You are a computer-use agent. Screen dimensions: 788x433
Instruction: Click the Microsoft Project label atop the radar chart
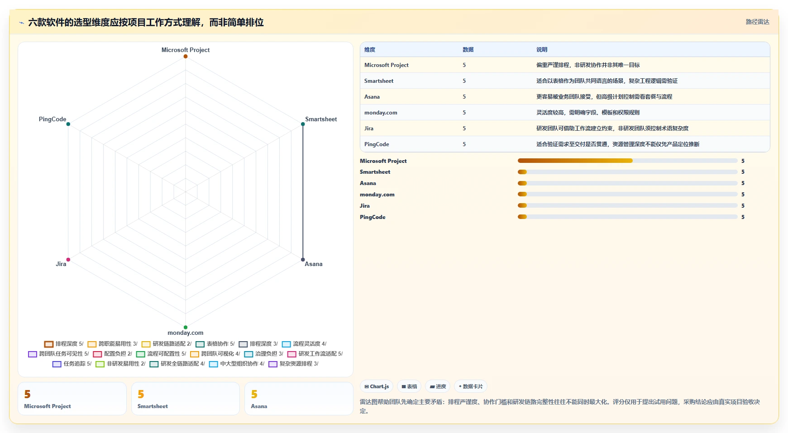(x=186, y=50)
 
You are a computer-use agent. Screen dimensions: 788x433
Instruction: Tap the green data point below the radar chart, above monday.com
(x=186, y=327)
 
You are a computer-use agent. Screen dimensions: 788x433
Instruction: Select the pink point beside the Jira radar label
(x=68, y=260)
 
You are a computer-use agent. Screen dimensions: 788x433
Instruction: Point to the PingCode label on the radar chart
(x=53, y=119)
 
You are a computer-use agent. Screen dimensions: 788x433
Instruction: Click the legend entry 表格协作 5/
(x=215, y=344)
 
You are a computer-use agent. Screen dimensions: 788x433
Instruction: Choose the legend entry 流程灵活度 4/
(x=304, y=344)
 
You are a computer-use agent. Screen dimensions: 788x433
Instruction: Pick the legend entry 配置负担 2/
(x=113, y=354)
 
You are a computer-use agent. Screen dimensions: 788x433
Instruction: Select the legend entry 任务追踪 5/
(x=72, y=364)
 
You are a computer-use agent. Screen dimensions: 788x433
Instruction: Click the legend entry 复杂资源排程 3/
(x=294, y=364)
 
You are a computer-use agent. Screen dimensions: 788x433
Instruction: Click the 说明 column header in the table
(x=542, y=50)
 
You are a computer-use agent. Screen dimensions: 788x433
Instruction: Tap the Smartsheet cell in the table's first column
(x=379, y=81)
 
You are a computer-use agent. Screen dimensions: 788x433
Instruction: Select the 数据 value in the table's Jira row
(x=464, y=128)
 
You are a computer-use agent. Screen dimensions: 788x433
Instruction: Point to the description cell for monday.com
(x=588, y=113)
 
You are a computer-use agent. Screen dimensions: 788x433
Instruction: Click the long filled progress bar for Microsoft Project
(x=575, y=161)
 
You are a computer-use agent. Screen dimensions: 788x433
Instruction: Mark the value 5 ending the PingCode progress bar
(x=743, y=217)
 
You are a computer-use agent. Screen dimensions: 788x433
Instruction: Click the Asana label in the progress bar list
(x=368, y=183)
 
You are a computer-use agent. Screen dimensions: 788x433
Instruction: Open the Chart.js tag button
(x=377, y=386)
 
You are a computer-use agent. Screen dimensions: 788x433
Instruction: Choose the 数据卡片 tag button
(x=471, y=386)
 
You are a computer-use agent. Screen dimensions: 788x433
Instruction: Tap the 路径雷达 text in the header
(x=758, y=22)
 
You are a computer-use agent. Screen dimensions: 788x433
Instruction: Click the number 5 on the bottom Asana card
(x=254, y=395)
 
